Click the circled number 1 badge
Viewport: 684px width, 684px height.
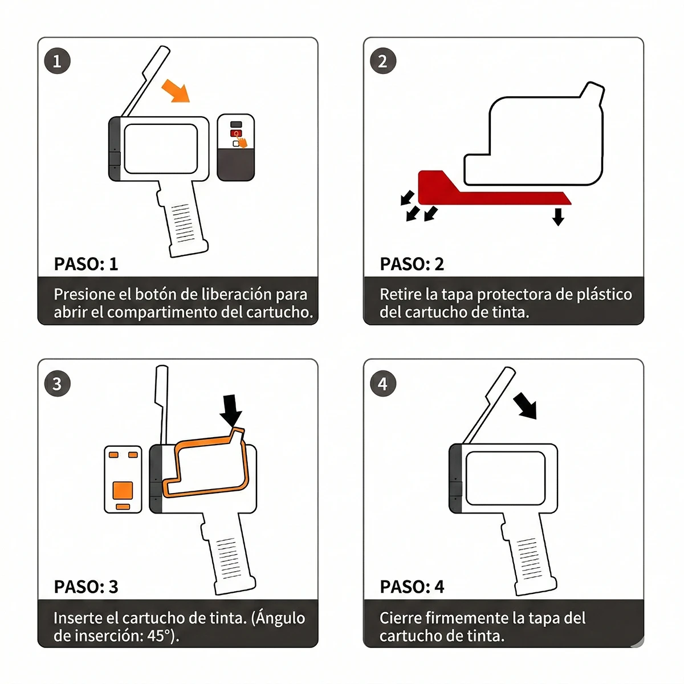57,61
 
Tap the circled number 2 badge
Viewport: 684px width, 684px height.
382,61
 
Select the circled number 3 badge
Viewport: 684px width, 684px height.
57,384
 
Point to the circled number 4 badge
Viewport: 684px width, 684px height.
382,384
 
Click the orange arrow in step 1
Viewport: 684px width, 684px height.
176,91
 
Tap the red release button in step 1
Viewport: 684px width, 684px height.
236,133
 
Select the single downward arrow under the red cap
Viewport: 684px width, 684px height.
558,217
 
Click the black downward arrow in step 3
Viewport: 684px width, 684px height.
231,410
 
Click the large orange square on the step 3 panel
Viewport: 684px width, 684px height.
123,490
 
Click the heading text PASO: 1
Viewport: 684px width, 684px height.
86,264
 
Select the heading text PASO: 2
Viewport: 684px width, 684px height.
412,264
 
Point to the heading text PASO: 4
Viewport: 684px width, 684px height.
412,587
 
